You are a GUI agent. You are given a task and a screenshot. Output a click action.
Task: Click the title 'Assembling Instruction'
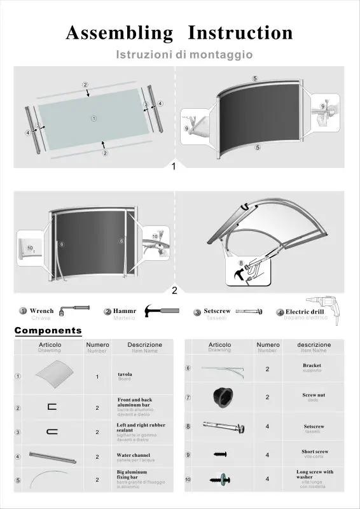coord(179,32)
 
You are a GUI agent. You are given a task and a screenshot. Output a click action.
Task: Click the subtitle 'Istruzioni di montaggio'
coord(184,55)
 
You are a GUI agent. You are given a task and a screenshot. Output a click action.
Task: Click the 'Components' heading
coord(48,330)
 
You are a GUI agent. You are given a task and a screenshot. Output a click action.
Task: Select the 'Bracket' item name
coord(312,365)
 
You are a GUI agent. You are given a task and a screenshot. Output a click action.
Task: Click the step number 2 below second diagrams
coord(174,291)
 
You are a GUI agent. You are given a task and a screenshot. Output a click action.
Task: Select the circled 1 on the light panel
coord(93,118)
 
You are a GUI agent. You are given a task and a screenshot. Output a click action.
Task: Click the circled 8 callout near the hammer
coord(240,262)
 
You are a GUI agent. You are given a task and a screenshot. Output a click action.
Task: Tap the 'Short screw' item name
coord(314,451)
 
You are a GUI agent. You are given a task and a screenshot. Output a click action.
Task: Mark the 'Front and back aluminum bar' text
coord(134,402)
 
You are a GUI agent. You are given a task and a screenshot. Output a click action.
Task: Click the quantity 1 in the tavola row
coord(97,377)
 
